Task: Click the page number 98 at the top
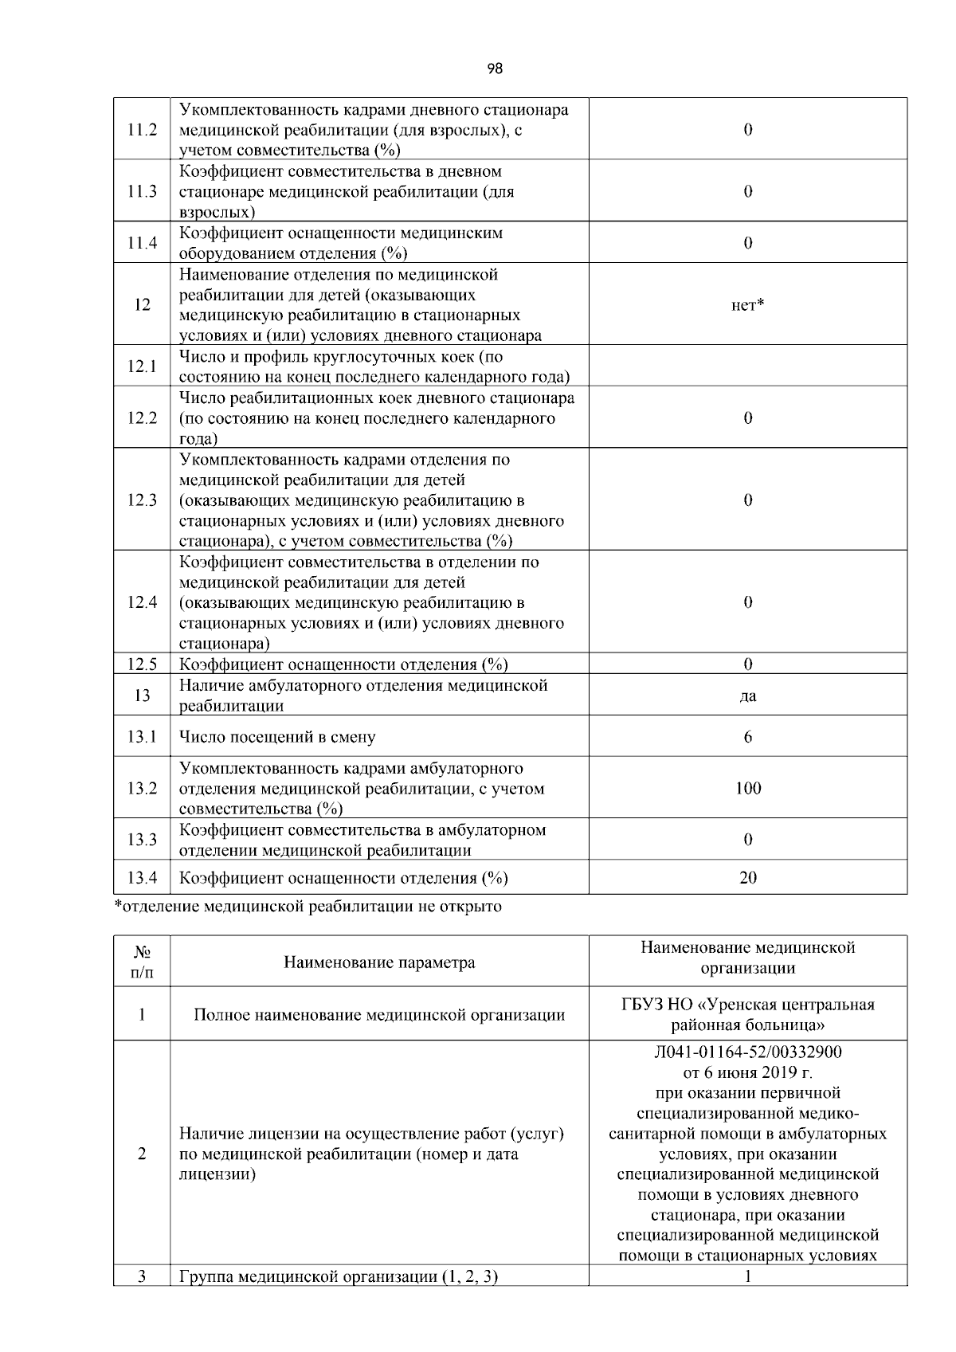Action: pos(494,69)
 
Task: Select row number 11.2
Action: pos(142,130)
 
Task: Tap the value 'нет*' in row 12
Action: pos(747,305)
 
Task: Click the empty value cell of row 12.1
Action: pos(747,366)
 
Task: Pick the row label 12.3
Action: pos(142,500)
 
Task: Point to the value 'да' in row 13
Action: pos(747,696)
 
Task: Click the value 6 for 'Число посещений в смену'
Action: pos(747,737)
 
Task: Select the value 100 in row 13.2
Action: pos(747,789)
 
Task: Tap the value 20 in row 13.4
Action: pos(747,878)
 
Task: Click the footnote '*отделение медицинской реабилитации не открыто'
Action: pos(308,907)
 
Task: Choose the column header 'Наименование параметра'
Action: pos(379,962)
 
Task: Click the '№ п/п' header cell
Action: pos(142,962)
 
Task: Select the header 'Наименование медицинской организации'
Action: pos(747,958)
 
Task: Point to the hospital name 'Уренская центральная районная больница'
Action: pos(747,1014)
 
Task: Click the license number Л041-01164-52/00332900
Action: pos(747,1052)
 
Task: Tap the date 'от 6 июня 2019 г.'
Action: pos(747,1072)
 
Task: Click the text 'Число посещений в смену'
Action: pos(277,737)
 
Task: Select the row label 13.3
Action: pos(142,840)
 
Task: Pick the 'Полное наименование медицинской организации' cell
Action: pos(379,1015)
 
